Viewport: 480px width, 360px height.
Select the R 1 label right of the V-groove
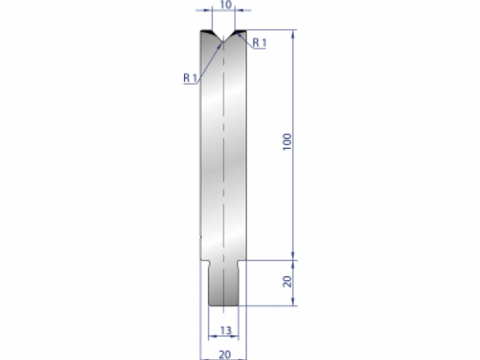258,42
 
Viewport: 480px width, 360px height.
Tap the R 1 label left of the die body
190,78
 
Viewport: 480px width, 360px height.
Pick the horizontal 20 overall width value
224,353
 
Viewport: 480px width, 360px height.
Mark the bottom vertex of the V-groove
225,42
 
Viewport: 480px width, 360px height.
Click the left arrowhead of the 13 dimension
210,336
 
